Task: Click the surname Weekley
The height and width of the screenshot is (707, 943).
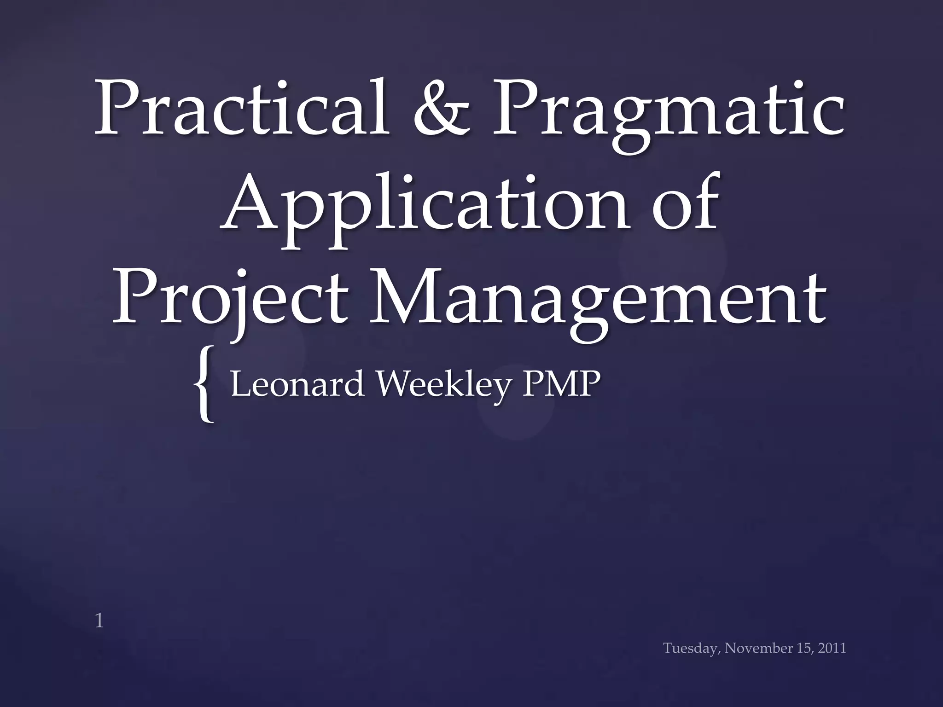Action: click(444, 385)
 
